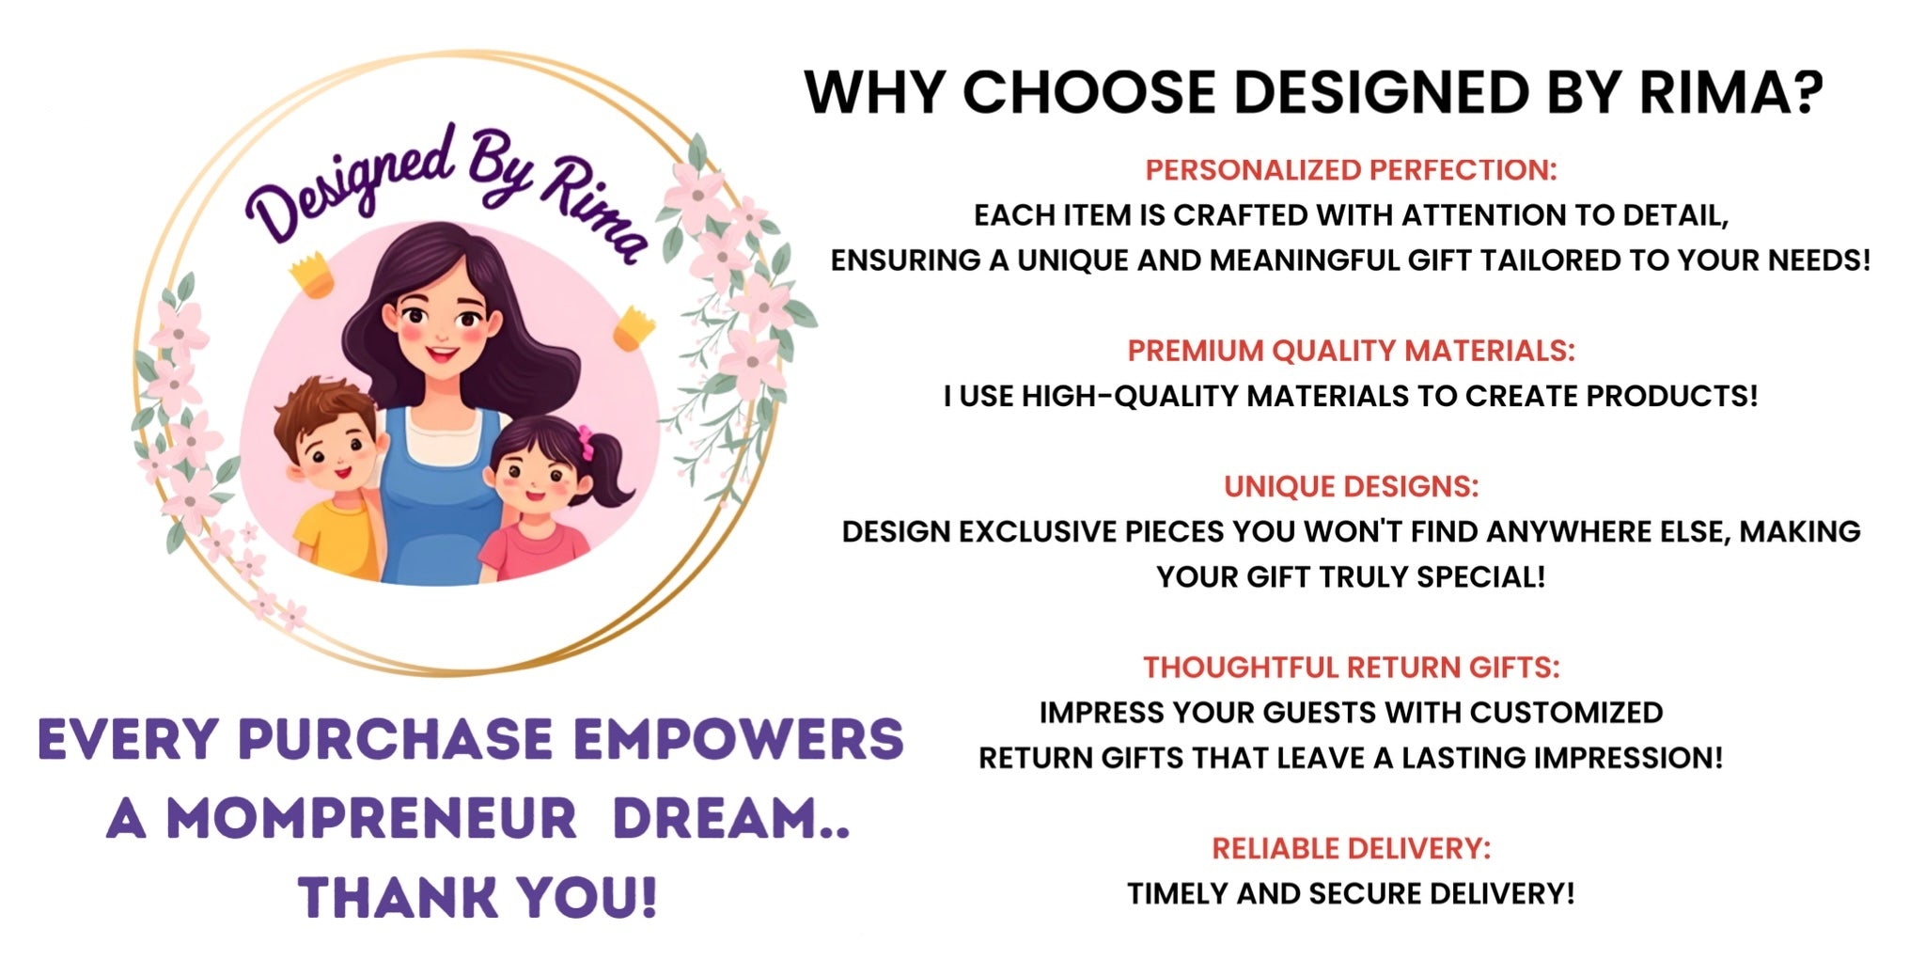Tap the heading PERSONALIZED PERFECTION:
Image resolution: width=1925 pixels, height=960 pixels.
point(1351,170)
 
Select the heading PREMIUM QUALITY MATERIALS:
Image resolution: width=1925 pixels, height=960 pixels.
point(1351,351)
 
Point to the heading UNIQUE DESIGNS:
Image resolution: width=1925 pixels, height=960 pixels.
point(1351,486)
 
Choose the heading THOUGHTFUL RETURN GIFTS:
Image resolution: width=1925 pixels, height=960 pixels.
point(1351,668)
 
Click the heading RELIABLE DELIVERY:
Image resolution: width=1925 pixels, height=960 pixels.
point(1351,848)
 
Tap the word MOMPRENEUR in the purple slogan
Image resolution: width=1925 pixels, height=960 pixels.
point(371,818)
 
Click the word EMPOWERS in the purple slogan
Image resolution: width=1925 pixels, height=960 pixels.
point(738,739)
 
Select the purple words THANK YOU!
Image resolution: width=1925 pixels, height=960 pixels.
point(477,897)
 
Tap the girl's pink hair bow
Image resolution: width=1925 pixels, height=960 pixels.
point(587,442)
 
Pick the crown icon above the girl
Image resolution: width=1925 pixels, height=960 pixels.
point(634,328)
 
